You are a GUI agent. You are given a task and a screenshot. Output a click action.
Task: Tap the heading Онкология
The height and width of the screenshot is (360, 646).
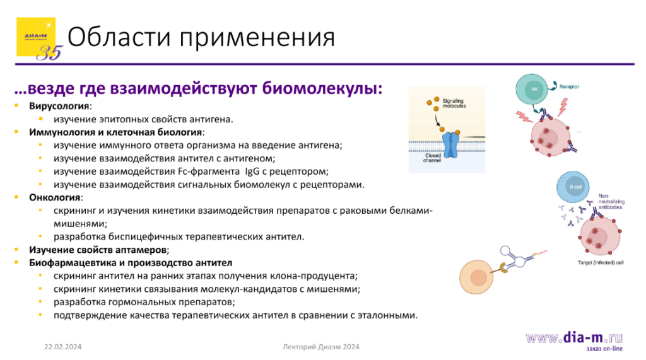coord(54,197)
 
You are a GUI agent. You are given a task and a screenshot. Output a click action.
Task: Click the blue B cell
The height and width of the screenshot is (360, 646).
coord(573,188)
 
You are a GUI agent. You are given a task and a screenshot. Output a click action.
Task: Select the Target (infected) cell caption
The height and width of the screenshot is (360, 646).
coord(601,262)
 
